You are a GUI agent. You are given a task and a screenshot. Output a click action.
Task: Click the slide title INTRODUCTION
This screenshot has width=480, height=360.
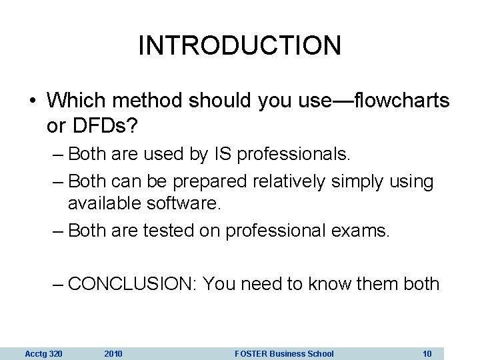(x=240, y=45)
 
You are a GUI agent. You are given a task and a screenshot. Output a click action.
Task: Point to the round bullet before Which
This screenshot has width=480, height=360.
(x=33, y=103)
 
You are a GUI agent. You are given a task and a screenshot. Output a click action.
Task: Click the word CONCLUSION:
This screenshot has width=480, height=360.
(x=132, y=284)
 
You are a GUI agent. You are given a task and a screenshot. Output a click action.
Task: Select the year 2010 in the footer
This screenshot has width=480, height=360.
(x=114, y=353)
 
